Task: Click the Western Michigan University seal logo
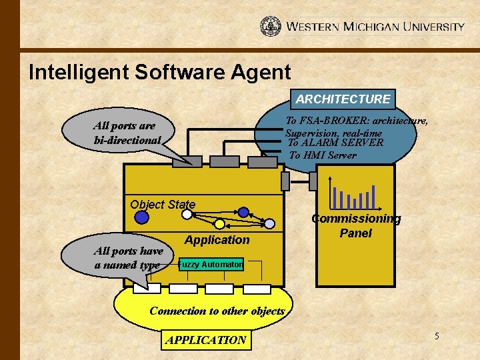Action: pos(271,27)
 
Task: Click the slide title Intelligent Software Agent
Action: pos(160,72)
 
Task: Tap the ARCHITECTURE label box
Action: pos(343,99)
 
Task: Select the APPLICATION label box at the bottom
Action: pos(207,340)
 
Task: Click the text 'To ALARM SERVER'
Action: pos(335,143)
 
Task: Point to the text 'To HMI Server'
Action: pos(323,155)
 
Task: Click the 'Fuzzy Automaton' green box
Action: pos(213,265)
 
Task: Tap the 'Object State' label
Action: pos(163,205)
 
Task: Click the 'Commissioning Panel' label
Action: pos(356,226)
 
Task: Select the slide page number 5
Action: pos(437,336)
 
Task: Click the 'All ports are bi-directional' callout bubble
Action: pos(125,133)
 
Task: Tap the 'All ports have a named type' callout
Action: pos(128,258)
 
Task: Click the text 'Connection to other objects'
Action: pos(217,311)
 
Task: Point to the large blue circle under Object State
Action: pos(141,217)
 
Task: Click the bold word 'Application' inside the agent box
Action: pos(217,240)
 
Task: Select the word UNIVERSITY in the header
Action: pos(431,27)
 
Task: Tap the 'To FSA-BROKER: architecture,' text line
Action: pos(357,121)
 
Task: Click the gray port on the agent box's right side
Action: pos(285,181)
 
